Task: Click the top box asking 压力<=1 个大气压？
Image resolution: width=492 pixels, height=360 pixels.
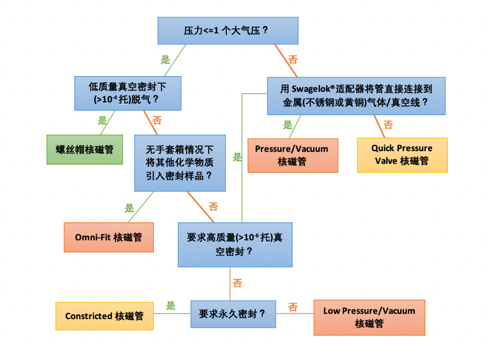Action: pos(228,31)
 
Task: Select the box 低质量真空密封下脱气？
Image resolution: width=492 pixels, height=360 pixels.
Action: pos(128,93)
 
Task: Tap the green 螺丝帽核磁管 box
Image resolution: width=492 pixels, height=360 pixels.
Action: pos(85,149)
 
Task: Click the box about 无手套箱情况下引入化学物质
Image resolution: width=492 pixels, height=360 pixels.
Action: pos(180,162)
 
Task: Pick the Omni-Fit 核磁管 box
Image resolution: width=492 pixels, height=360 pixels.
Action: pos(108,237)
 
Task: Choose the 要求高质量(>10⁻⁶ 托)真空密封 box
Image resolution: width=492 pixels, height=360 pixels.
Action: pos(235,244)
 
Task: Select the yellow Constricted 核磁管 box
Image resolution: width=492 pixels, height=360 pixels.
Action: pos(104,316)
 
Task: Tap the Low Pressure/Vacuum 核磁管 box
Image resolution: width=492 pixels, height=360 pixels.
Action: pos(369,317)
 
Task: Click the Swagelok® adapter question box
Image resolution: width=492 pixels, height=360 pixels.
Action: pos(356,95)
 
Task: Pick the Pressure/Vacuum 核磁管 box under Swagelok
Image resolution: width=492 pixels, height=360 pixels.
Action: pos(293,155)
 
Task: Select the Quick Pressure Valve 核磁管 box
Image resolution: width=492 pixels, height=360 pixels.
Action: pos(402,155)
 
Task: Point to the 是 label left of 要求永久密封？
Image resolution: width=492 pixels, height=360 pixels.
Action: pos(171,306)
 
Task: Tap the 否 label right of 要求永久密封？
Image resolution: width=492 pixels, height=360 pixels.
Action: pos(293,307)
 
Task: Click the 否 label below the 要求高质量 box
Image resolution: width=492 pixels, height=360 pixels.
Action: pos(237,283)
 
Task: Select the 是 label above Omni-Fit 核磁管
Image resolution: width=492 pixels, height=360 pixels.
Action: pos(130,208)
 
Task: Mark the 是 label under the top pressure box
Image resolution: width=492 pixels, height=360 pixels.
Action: pos(166,59)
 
